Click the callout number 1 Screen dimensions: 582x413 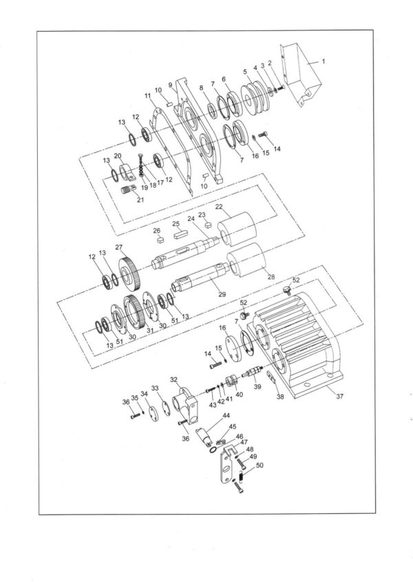coord(323,61)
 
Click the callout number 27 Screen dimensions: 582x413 coord(119,247)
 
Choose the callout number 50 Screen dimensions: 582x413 coord(259,466)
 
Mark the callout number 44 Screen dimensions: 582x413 coord(226,416)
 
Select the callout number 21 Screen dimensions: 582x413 coord(140,200)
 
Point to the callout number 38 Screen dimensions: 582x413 coord(280,397)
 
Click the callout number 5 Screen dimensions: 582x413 coord(245,71)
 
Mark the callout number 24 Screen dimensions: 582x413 coord(191,219)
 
